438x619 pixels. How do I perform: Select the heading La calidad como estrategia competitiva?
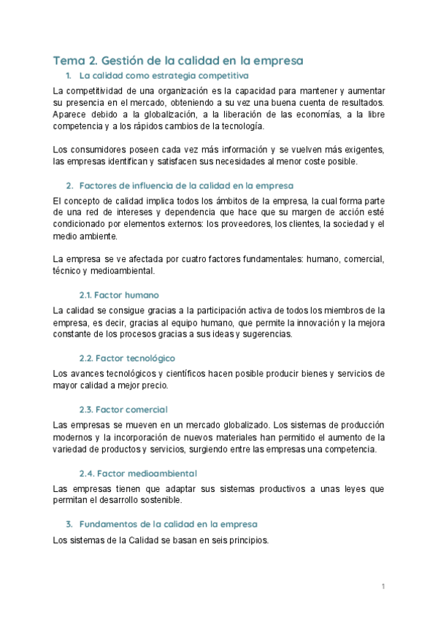[164, 76]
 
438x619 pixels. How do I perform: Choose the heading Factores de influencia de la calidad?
[186, 185]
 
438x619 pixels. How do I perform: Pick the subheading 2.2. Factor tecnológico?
[127, 358]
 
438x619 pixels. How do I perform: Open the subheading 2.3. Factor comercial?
[123, 410]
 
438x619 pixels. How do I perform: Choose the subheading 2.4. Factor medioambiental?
[138, 473]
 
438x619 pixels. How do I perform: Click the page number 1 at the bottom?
[383, 586]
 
